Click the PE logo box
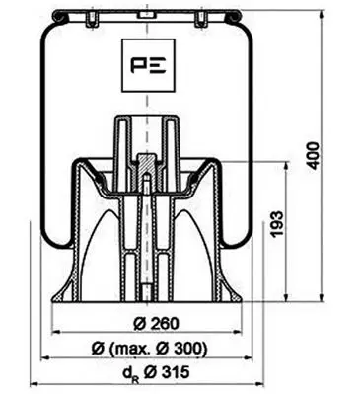click(148, 65)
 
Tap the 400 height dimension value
click(313, 155)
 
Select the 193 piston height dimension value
click(277, 223)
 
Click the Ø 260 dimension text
click(157, 323)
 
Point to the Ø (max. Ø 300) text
click(149, 348)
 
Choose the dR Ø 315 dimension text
click(156, 372)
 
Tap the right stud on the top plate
click(201, 20)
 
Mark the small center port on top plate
click(146, 15)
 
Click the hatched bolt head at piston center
click(147, 164)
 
